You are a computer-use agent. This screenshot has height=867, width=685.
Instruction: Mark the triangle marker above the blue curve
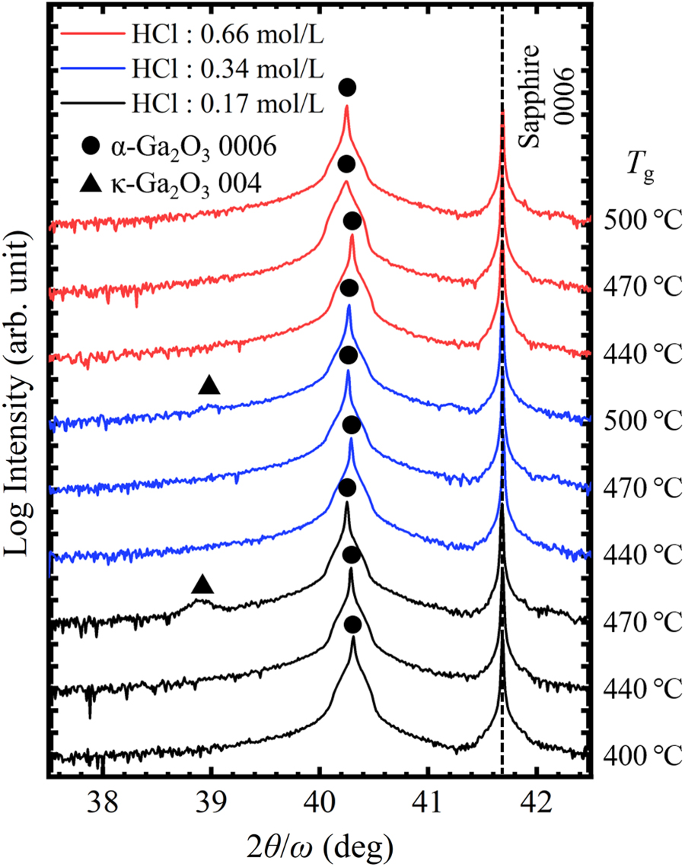pyautogui.click(x=209, y=385)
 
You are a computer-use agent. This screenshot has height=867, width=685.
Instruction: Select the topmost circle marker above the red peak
pyautogui.click(x=347, y=87)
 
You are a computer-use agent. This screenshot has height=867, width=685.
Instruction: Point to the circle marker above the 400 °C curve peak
pyautogui.click(x=352, y=624)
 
